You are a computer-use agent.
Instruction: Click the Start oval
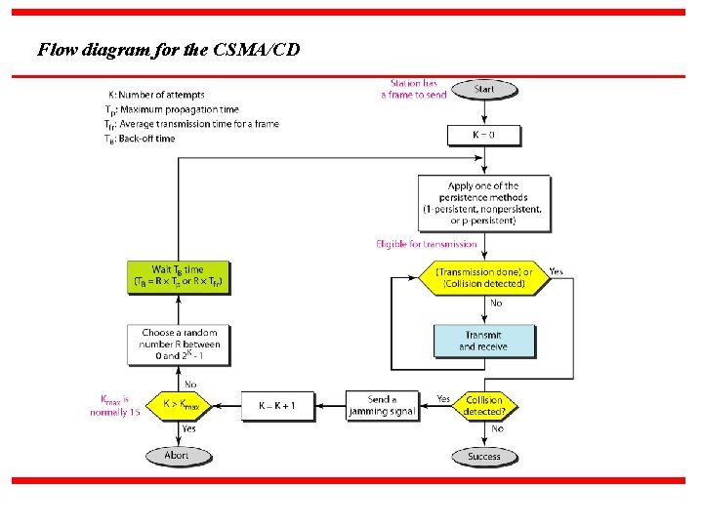tap(484, 90)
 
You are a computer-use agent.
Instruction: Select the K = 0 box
tap(484, 134)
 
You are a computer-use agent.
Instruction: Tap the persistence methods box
tap(483, 203)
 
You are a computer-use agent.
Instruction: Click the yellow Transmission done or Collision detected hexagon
tap(484, 277)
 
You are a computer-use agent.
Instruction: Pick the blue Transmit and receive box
tap(484, 341)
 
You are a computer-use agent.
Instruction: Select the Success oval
tap(484, 456)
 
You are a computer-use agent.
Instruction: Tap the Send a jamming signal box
tap(382, 406)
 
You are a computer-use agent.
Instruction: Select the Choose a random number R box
tap(179, 344)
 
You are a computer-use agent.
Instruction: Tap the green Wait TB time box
tap(179, 277)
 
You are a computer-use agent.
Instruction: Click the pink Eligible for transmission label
tap(427, 244)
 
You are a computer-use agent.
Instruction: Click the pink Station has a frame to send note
tap(414, 89)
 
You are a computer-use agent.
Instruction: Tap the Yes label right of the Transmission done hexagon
tap(556, 271)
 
